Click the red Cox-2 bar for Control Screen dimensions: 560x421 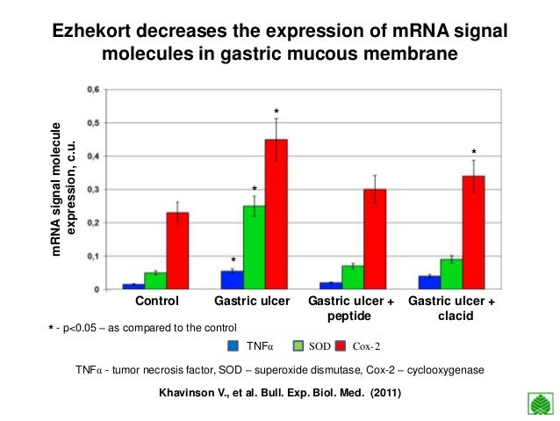(x=177, y=250)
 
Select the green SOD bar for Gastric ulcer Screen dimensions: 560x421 (x=254, y=248)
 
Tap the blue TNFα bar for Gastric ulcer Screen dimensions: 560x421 (x=232, y=280)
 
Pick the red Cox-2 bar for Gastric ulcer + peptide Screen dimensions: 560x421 (x=375, y=239)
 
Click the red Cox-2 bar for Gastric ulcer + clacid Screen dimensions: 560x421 (x=474, y=233)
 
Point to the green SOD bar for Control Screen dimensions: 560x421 (x=155, y=281)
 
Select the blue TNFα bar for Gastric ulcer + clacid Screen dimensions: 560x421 (x=429, y=283)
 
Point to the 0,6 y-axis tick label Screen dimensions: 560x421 (x=93, y=90)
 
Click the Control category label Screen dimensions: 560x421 (x=157, y=301)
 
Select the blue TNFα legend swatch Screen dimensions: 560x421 (x=233, y=346)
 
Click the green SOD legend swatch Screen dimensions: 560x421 (x=298, y=346)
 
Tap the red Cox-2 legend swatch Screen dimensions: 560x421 (x=341, y=346)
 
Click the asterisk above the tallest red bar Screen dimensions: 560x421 (x=276, y=111)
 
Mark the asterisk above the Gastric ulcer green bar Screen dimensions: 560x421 (x=255, y=188)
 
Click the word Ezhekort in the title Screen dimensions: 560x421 (x=93, y=31)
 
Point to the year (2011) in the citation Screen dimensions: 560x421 (x=385, y=393)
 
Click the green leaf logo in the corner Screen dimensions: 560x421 (x=541, y=403)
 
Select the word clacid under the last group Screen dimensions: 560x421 (x=456, y=316)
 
